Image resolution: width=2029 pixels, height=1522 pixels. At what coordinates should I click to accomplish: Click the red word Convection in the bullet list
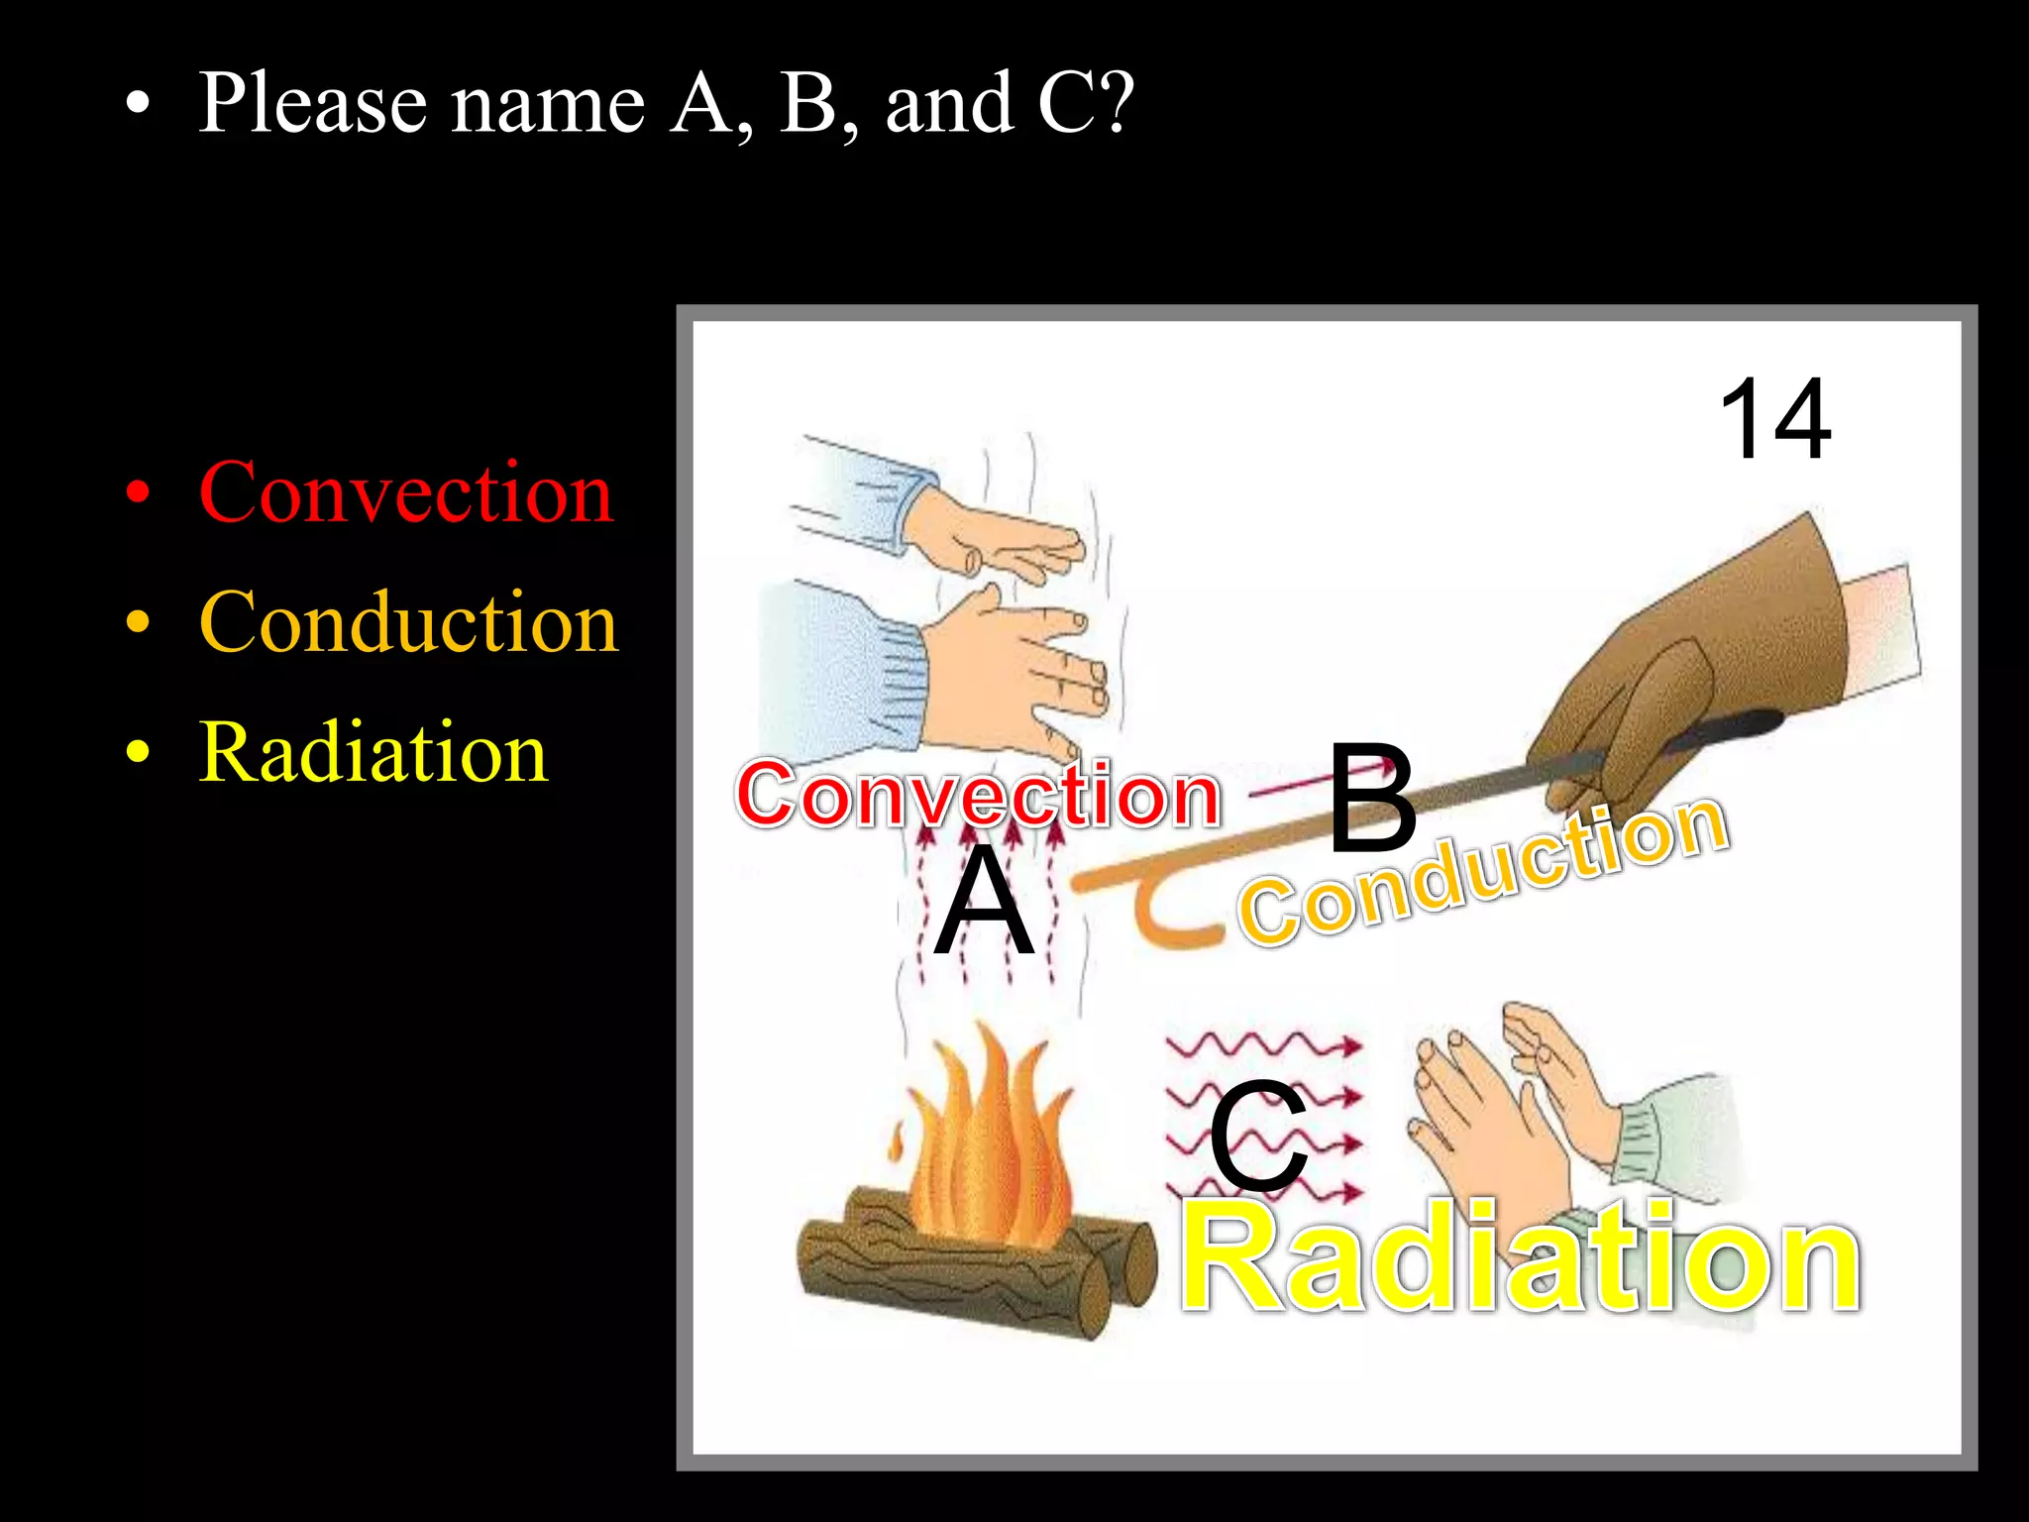(x=406, y=492)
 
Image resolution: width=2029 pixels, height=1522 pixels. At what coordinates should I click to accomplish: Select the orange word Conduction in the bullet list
(x=409, y=622)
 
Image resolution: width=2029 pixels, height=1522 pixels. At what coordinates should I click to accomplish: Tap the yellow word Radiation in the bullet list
(x=373, y=753)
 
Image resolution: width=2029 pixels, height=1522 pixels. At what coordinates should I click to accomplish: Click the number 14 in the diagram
(x=1774, y=419)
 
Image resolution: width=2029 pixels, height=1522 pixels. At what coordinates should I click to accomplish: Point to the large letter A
(x=984, y=902)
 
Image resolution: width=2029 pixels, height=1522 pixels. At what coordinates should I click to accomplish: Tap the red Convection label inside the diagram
(x=979, y=795)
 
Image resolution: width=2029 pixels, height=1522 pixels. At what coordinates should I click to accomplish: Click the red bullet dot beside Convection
(x=139, y=492)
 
